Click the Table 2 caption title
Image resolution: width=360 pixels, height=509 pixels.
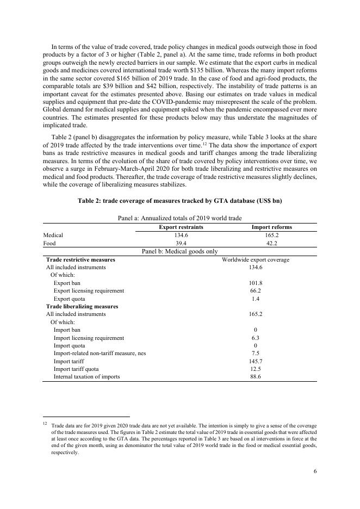coord(179,201)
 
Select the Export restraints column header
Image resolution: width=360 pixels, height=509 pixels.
coord(181,227)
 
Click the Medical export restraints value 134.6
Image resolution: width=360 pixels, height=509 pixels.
coord(181,235)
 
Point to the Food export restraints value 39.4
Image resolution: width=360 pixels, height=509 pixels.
coord(181,244)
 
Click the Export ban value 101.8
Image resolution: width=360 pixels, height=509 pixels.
coord(256,283)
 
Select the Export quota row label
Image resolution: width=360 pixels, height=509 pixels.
coord(69,299)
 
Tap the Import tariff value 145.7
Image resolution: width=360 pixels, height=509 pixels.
coord(256,361)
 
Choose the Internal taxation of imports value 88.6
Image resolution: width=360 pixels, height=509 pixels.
coord(256,376)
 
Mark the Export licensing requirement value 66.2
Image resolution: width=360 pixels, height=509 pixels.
coord(256,291)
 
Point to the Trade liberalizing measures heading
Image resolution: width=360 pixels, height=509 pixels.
coord(82,306)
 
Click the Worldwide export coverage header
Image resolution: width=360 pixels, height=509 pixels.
coord(256,259)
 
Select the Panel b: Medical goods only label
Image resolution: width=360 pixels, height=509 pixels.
coord(179,251)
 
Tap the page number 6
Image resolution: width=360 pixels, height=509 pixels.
coord(315,471)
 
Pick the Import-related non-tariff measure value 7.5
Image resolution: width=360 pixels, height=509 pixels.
coord(256,353)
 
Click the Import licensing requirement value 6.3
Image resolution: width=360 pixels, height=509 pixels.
coord(256,338)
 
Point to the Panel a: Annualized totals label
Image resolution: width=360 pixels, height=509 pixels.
coord(179,218)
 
